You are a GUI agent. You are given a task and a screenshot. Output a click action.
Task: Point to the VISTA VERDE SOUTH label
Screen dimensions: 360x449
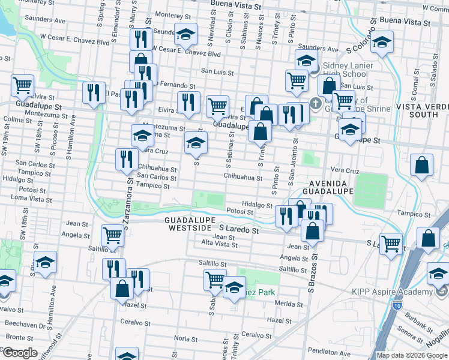421,110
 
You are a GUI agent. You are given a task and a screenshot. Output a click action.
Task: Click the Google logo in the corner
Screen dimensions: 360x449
20,352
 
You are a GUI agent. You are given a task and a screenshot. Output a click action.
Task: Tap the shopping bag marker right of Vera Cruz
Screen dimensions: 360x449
422,164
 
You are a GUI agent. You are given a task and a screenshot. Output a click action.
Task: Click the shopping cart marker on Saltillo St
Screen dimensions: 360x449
215,278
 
